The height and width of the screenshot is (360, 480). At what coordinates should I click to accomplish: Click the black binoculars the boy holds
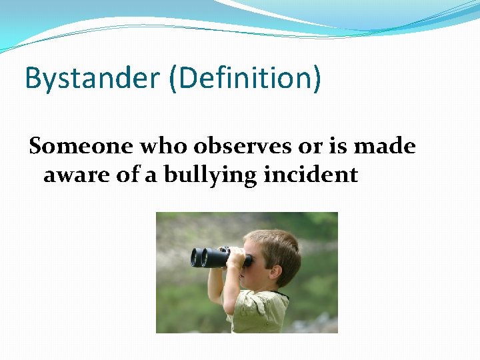pos(217,257)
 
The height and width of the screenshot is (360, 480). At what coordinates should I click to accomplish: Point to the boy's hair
pos(273,243)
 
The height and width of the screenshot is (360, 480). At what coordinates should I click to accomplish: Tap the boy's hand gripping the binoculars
pos(237,260)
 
